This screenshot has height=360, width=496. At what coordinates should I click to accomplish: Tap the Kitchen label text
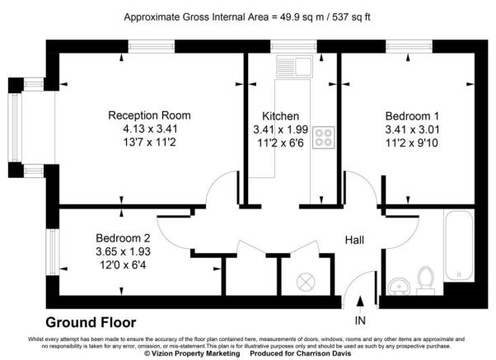tap(280, 116)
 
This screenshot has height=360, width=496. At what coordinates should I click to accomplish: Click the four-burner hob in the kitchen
tap(322, 137)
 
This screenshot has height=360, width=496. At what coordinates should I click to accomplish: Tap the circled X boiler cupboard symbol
tap(305, 281)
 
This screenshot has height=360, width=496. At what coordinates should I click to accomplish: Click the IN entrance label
tap(359, 320)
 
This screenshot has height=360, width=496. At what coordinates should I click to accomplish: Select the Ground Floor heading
tap(91, 322)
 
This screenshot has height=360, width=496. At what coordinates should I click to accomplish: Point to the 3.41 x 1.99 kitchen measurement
tap(280, 129)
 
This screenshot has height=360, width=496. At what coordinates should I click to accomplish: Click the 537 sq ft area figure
tap(344, 16)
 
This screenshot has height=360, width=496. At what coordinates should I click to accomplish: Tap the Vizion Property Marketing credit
tap(190, 353)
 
